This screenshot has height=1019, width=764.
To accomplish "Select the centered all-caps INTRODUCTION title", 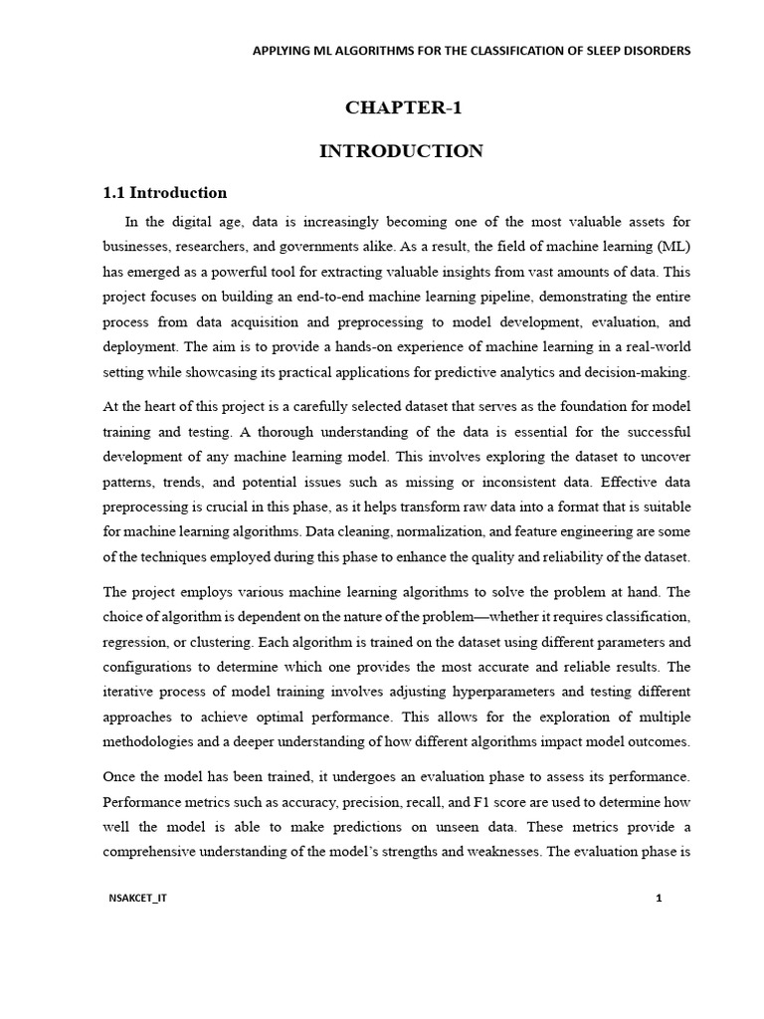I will click(x=401, y=151).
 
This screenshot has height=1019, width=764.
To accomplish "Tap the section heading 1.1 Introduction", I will click(x=165, y=193).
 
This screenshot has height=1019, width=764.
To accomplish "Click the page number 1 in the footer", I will click(x=659, y=899).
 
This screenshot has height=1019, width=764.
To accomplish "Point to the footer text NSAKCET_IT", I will click(x=138, y=899).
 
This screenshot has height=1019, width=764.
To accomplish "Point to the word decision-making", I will click(x=639, y=373).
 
